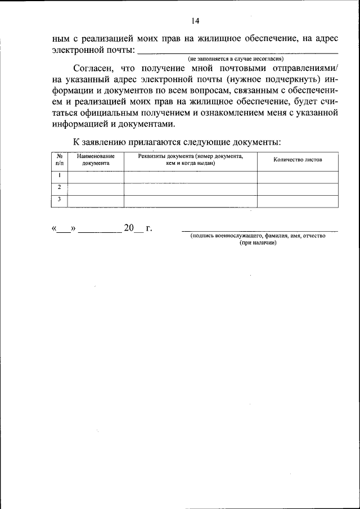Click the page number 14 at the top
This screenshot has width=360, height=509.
(x=195, y=21)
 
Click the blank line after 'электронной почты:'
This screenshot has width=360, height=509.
(x=237, y=53)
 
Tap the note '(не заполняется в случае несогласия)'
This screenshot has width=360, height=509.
(x=236, y=58)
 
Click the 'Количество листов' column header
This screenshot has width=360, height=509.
(x=298, y=160)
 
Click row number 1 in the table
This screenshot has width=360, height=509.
(x=59, y=176)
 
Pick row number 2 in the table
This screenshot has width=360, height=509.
(x=59, y=188)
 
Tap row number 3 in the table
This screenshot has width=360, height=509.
(x=59, y=200)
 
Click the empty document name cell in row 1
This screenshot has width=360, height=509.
(x=96, y=177)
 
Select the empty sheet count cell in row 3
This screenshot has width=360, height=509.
(x=298, y=201)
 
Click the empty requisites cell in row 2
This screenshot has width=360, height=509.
(x=190, y=188)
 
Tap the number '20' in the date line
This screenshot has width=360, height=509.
(x=129, y=228)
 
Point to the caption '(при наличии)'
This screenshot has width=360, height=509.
(x=258, y=243)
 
